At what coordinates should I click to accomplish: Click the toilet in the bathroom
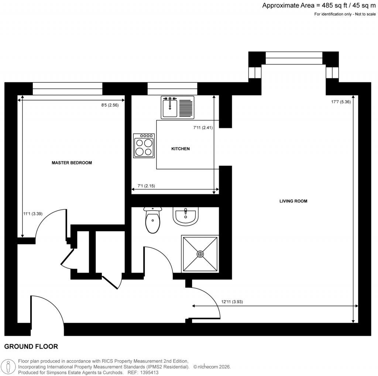(152, 221)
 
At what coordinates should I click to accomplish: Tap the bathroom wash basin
(185, 216)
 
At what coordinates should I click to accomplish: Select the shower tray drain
(200, 254)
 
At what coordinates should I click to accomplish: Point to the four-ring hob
(144, 146)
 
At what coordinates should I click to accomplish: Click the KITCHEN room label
(181, 149)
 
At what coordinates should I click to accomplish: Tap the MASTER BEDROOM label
(72, 163)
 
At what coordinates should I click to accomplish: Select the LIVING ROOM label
(293, 201)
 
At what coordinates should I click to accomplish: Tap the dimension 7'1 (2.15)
(144, 186)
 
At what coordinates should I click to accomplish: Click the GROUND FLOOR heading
(31, 346)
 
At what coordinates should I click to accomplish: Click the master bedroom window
(67, 89)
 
